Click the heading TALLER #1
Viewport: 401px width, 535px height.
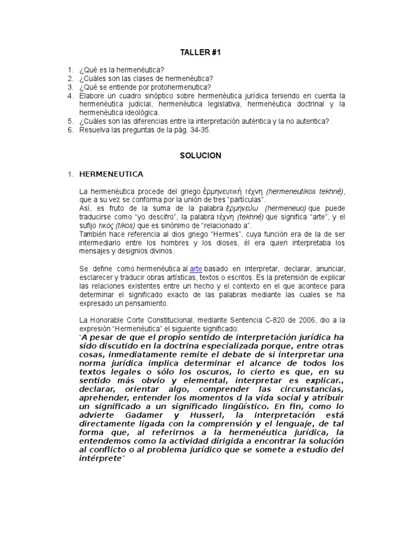click(201, 53)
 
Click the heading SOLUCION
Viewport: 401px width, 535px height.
click(201, 155)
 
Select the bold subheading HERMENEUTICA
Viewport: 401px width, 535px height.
click(111, 173)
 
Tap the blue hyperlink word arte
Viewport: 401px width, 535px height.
click(196, 267)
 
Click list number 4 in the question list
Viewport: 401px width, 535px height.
click(70, 96)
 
